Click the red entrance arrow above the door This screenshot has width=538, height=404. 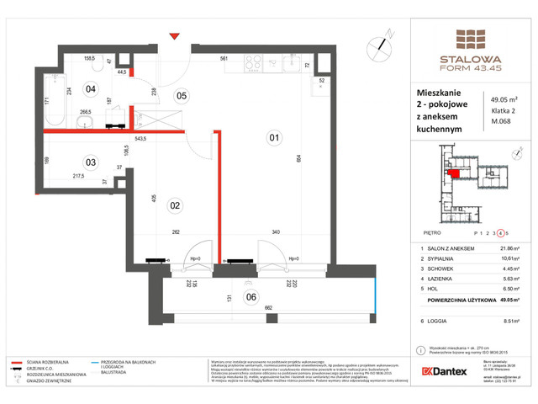[x=174, y=35]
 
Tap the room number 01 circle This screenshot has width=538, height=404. [x=272, y=136]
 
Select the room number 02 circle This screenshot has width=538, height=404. [x=177, y=205]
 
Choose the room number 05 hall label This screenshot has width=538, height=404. [x=180, y=95]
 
